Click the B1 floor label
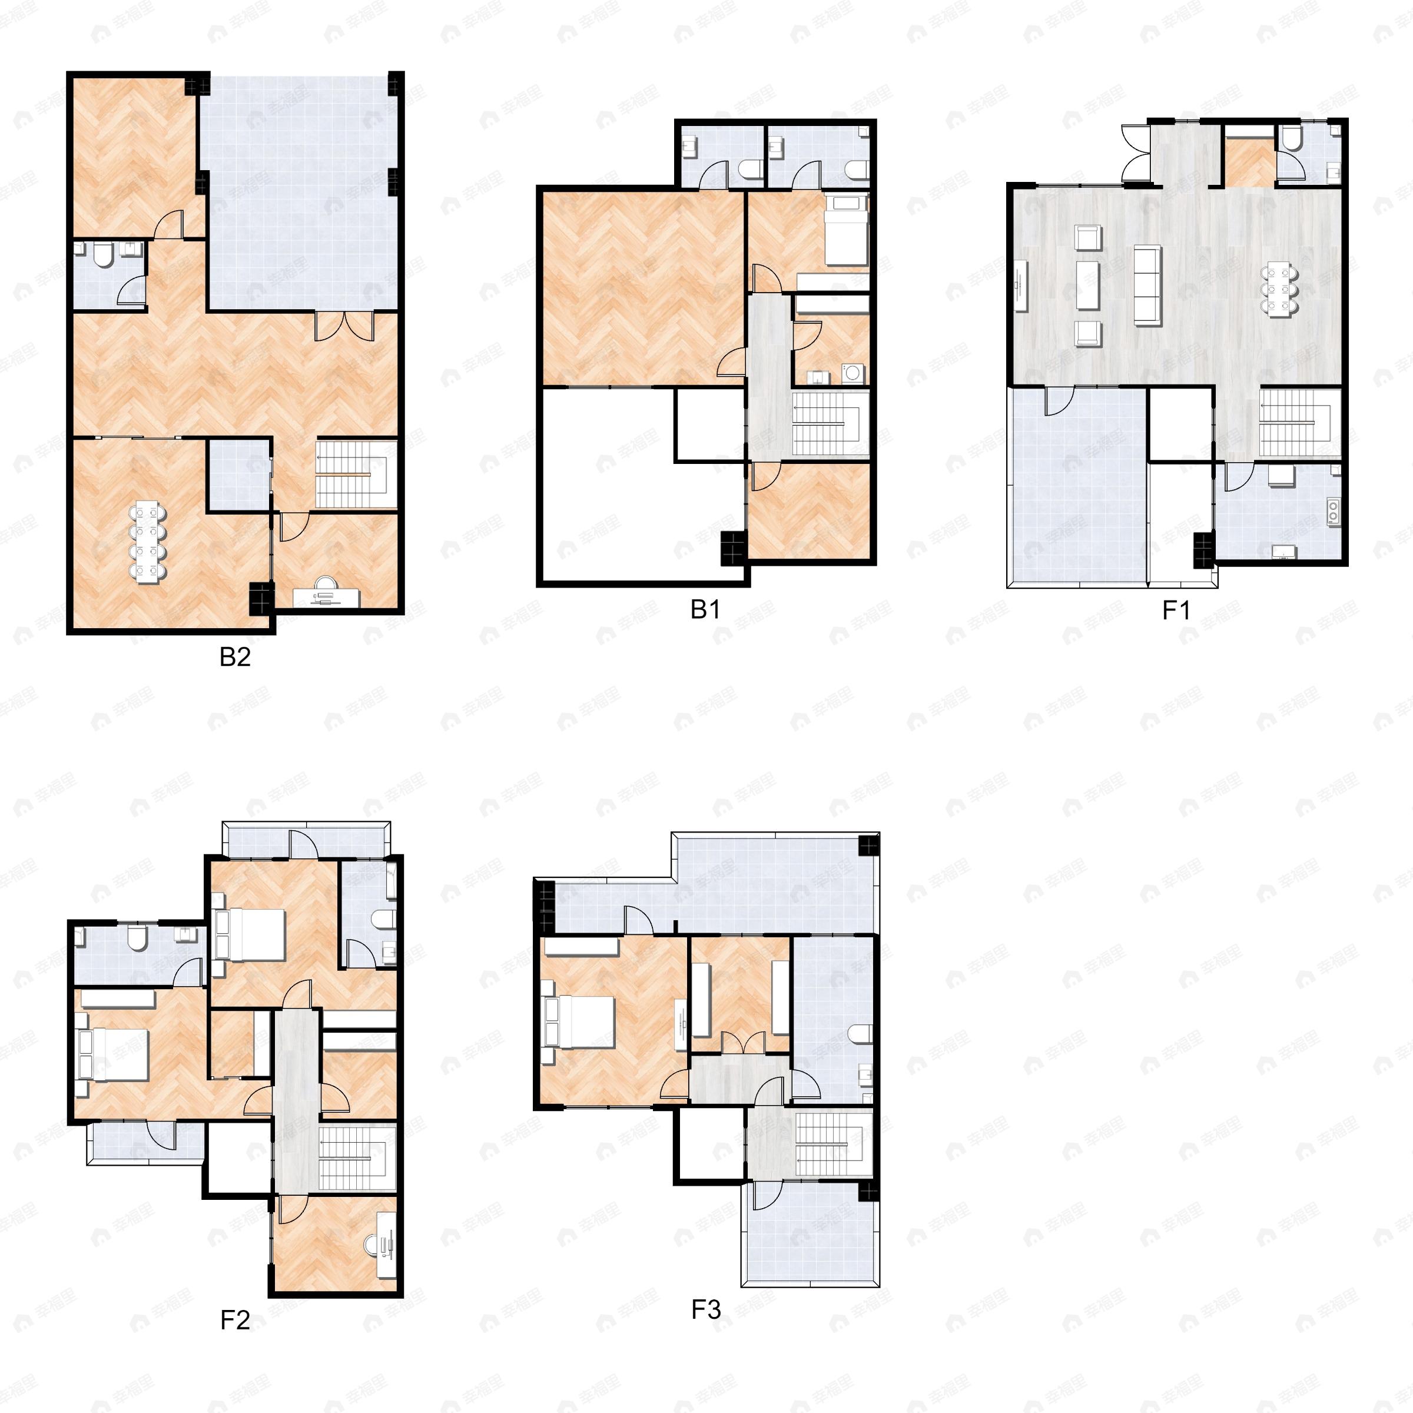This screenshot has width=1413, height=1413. pos(705,609)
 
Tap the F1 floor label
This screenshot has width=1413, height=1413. pos(1176,610)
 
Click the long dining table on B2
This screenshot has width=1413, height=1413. pos(148,542)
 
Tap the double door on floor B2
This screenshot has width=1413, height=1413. pos(344,326)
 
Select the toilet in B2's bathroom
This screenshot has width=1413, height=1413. pos(102,254)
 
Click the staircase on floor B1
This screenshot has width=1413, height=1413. pos(830,423)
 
